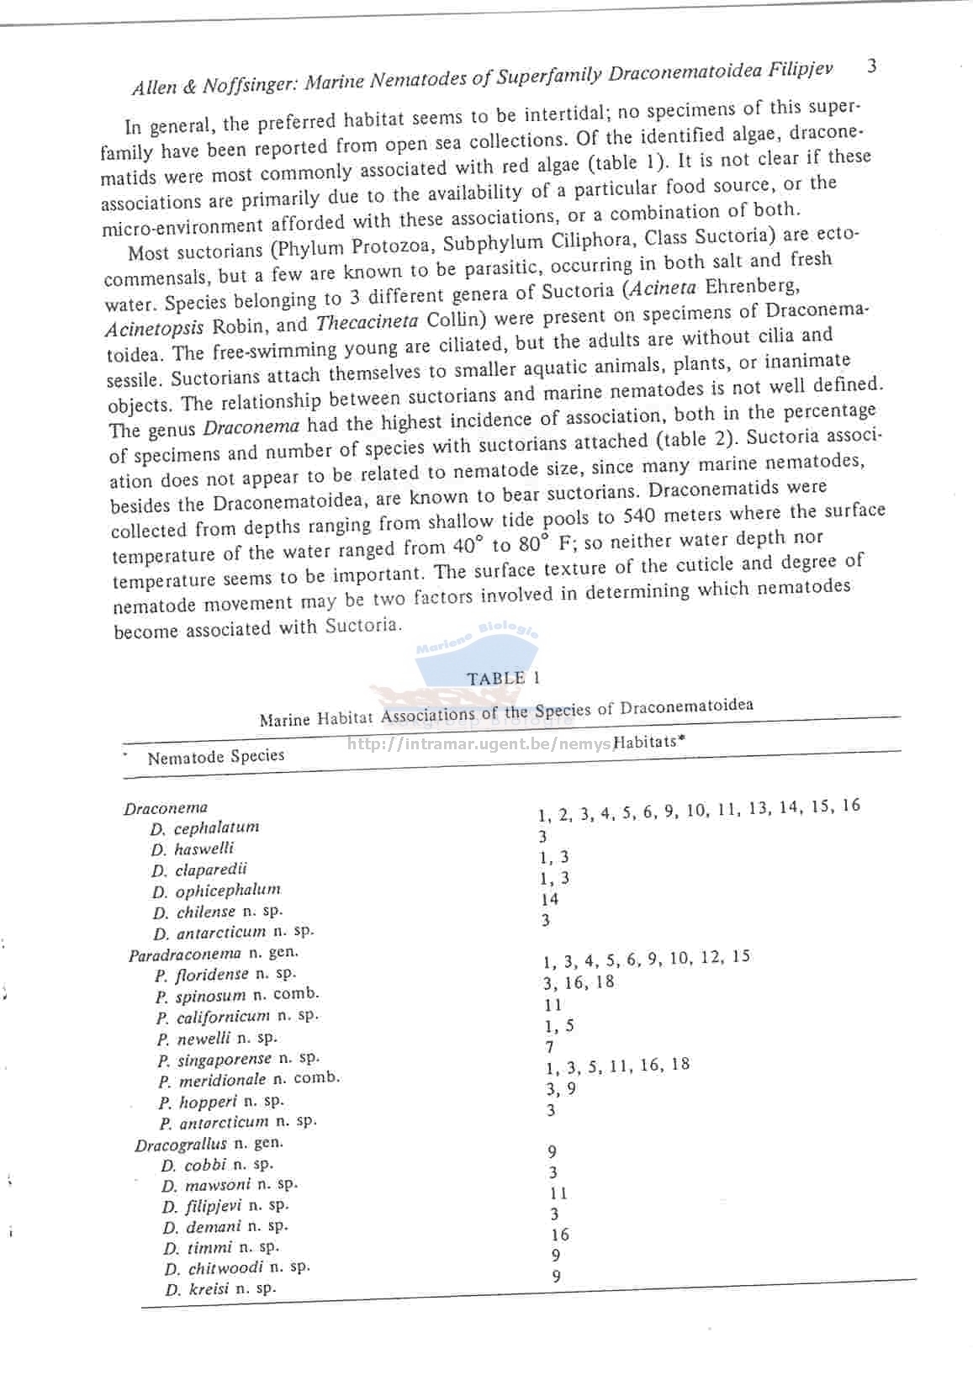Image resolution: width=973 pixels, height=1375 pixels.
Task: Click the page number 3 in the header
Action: pyautogui.click(x=872, y=66)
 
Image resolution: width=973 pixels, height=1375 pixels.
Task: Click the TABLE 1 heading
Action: pyautogui.click(x=504, y=678)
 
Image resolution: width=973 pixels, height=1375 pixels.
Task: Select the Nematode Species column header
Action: pyautogui.click(x=215, y=757)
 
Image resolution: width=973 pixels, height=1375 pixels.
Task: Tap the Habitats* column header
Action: pyautogui.click(x=646, y=742)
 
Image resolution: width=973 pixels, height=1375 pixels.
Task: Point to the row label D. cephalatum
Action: pyautogui.click(x=204, y=828)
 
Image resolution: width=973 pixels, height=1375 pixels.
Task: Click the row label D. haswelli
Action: pyautogui.click(x=193, y=849)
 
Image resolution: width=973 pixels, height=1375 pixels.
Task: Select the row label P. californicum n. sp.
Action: pyautogui.click(x=236, y=1017)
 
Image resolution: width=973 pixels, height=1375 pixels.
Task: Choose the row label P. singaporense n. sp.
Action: pyautogui.click(x=238, y=1059)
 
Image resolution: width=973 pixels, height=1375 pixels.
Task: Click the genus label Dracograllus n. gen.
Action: pyautogui.click(x=209, y=1144)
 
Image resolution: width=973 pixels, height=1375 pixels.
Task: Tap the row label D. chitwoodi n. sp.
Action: pyautogui.click(x=236, y=1267)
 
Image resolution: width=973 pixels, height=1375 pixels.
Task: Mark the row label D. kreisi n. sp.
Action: pyautogui.click(x=219, y=1289)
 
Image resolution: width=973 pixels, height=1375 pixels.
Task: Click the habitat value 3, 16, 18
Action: pyautogui.click(x=578, y=982)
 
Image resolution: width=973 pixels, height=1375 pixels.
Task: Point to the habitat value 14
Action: pyautogui.click(x=549, y=899)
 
